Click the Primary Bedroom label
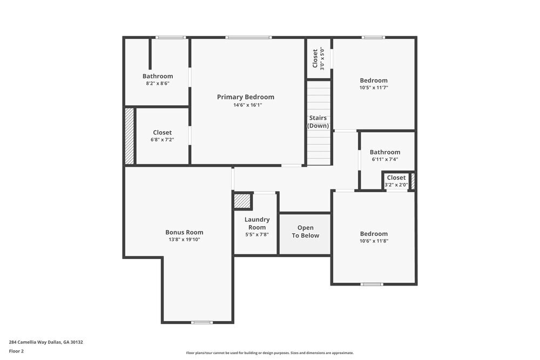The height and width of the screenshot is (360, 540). pyautogui.click(x=245, y=97)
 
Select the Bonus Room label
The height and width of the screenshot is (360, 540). pyautogui.click(x=184, y=232)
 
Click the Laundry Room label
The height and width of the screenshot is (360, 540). pyautogui.click(x=256, y=223)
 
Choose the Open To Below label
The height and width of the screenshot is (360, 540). pyautogui.click(x=305, y=232)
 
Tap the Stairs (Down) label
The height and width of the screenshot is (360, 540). pyautogui.click(x=318, y=122)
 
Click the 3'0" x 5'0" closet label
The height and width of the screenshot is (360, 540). pyautogui.click(x=318, y=59)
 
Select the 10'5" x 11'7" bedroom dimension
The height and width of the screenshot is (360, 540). pyautogui.click(x=374, y=87)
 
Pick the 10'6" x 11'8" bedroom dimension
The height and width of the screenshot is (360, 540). pyautogui.click(x=374, y=241)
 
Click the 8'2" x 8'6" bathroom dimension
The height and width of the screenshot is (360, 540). pyautogui.click(x=158, y=84)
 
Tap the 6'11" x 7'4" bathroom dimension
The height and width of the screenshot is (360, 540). pyautogui.click(x=384, y=160)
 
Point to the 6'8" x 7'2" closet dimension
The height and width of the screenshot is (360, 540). pyautogui.click(x=162, y=140)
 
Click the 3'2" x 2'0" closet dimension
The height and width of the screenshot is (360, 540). pyautogui.click(x=396, y=185)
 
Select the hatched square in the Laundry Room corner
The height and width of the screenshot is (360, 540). pyautogui.click(x=242, y=201)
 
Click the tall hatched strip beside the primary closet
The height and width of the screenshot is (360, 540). pyautogui.click(x=130, y=136)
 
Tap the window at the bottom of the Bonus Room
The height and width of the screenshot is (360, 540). pyautogui.click(x=202, y=322)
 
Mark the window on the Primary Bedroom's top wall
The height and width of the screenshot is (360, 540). pyautogui.click(x=248, y=37)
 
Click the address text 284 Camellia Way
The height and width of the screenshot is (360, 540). pyautogui.click(x=46, y=342)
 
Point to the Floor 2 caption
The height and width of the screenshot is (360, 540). pyautogui.click(x=16, y=351)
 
